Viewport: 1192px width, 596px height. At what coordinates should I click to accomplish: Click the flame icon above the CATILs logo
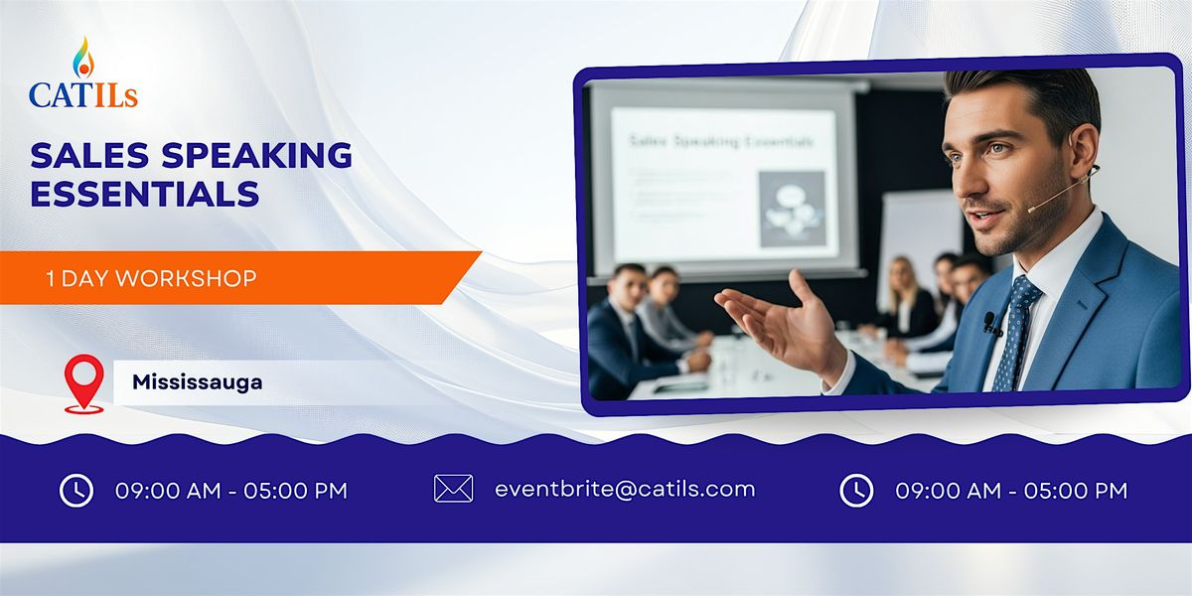coord(83,60)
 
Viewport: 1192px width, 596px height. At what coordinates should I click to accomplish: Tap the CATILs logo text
coord(83,94)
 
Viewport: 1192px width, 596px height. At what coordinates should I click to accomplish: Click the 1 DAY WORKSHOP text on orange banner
coord(151,279)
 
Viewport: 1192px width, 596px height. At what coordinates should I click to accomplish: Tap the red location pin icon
coord(83,380)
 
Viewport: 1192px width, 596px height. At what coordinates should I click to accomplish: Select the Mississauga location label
coord(198,381)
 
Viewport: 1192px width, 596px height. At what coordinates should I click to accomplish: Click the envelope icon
coord(453,489)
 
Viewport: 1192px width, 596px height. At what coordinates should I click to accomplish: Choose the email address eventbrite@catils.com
coord(625,489)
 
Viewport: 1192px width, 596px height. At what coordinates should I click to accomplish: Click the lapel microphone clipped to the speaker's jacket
coord(990,322)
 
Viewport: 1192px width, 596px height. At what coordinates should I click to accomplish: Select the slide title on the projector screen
coord(721,142)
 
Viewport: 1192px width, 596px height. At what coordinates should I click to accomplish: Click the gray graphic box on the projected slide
coord(792,209)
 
